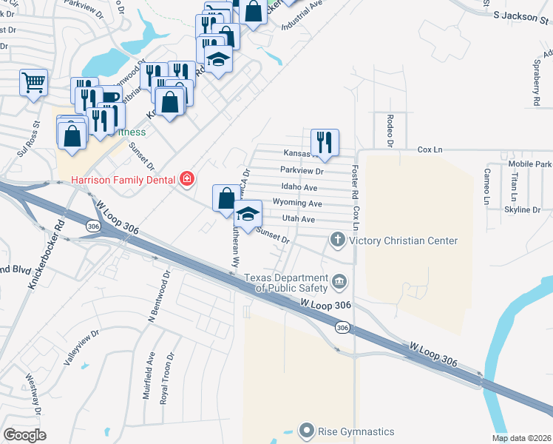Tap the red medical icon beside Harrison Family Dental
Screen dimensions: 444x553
pyautogui.click(x=187, y=179)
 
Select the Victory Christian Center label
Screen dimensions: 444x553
pyautogui.click(x=403, y=240)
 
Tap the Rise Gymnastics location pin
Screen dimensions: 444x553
pyautogui.click(x=308, y=431)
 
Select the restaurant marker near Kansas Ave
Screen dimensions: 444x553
pyautogui.click(x=325, y=142)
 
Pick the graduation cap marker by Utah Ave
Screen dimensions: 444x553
pyautogui.click(x=248, y=214)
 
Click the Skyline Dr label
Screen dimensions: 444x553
pyautogui.click(x=520, y=210)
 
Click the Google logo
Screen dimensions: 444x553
pyautogui.click(x=24, y=435)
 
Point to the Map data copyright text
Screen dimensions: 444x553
pyautogui.click(x=521, y=438)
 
